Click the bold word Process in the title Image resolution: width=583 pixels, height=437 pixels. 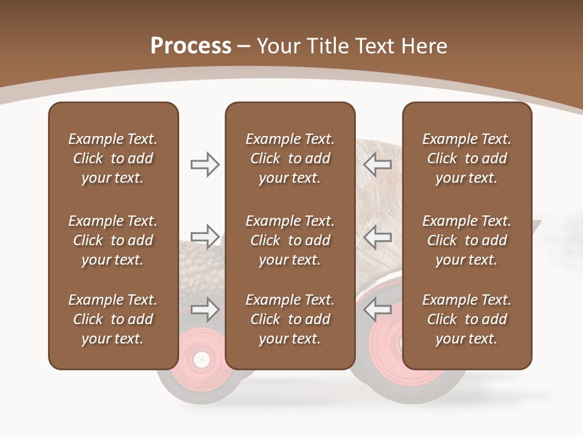coord(191,46)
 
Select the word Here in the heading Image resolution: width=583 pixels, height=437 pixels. coord(424,46)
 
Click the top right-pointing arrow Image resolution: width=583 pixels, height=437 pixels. coord(205,164)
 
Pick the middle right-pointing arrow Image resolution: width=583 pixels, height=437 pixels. coord(205,237)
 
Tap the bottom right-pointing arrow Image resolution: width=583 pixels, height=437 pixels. coord(205,310)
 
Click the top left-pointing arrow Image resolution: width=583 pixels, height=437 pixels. coord(377,164)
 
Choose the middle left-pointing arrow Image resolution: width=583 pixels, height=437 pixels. coord(377,237)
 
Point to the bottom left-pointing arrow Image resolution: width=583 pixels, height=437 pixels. coord(377,310)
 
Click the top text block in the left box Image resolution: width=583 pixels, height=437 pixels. coord(113,158)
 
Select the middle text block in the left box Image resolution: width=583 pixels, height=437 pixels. coord(113,240)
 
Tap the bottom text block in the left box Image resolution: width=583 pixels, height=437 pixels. coord(113,319)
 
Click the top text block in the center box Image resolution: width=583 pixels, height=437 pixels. coord(290,158)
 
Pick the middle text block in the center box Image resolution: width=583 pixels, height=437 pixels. coord(290,240)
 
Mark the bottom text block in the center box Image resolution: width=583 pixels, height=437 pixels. coord(290,319)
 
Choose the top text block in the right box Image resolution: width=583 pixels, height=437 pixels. coord(466,158)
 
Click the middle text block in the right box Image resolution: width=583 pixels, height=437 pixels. coord(466,240)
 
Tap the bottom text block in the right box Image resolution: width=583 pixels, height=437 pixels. coord(466,319)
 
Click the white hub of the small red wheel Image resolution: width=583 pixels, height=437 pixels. coord(200,360)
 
